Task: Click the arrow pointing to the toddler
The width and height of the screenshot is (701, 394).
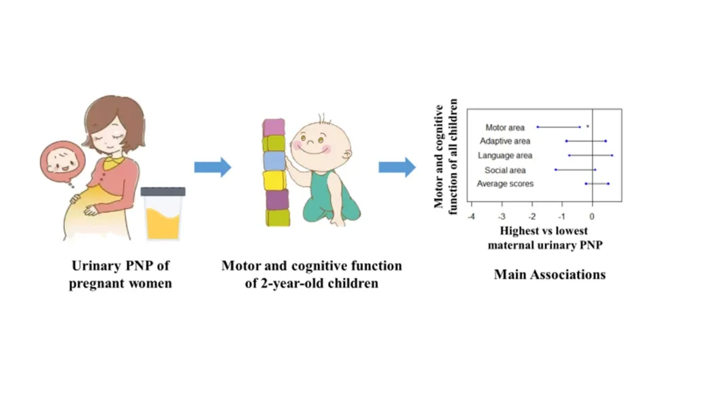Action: click(x=212, y=167)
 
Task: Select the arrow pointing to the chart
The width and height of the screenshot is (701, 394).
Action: click(x=397, y=167)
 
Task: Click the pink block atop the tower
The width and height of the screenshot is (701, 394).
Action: click(x=274, y=127)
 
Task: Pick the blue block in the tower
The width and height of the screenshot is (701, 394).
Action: click(x=274, y=161)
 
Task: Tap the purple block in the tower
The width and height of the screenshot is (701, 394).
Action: click(x=275, y=199)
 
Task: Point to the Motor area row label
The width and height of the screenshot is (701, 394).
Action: click(x=505, y=127)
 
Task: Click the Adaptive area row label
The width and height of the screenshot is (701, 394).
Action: click(x=505, y=141)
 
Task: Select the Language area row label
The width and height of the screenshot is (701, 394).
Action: click(x=505, y=156)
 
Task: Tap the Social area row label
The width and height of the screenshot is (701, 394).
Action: click(x=505, y=170)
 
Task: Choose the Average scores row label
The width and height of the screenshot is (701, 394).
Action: click(x=505, y=184)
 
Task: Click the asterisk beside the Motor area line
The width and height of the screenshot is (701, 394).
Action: click(x=588, y=126)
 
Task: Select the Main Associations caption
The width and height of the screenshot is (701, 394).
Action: click(x=550, y=275)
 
